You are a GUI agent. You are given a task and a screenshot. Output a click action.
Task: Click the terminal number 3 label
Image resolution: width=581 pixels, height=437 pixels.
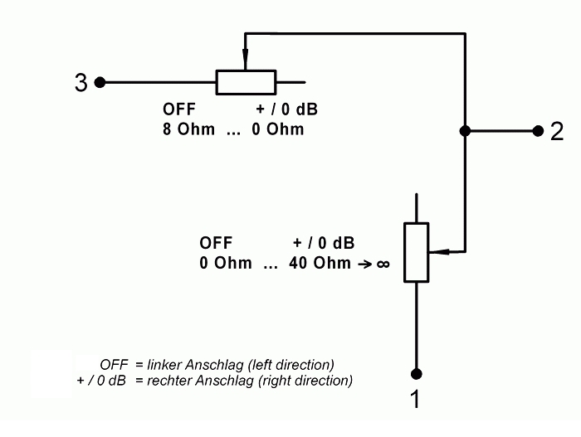[81, 83]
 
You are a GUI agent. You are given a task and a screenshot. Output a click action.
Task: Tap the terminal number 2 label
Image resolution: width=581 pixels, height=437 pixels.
[557, 132]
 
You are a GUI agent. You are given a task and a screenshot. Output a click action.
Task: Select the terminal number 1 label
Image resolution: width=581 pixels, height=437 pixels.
[415, 401]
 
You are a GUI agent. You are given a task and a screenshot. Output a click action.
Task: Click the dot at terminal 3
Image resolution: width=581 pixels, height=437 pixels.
[100, 82]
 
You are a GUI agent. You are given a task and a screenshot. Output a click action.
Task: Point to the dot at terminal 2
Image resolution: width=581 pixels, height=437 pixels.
[536, 131]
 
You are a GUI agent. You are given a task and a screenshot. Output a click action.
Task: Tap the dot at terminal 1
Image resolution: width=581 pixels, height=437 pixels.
[416, 373]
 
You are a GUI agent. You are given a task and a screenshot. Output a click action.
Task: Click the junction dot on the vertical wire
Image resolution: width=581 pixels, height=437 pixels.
[465, 131]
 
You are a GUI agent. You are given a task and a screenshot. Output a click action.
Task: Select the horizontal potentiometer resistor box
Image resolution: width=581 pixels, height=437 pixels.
[246, 82]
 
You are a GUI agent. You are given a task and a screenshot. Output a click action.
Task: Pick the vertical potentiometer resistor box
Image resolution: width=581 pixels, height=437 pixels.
[416, 251]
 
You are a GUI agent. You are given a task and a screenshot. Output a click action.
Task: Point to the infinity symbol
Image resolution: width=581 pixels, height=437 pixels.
[383, 265]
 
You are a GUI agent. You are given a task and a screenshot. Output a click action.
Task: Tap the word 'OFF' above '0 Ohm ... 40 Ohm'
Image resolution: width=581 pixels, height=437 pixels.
[216, 244]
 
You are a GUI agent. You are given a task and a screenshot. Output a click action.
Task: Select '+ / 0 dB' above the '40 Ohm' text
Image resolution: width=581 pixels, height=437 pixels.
[324, 244]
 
